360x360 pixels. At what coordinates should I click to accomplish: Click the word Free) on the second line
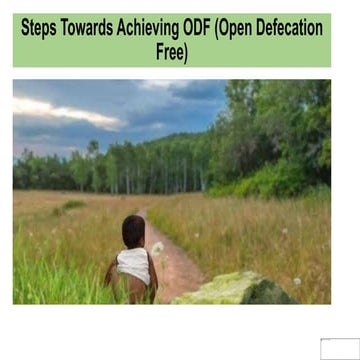tap(171, 53)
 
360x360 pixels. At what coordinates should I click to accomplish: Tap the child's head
tap(133, 231)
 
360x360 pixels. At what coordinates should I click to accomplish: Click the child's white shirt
tap(133, 265)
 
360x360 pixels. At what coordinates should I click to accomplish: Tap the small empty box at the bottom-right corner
tap(337, 348)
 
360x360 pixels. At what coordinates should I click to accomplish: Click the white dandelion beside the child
tap(157, 247)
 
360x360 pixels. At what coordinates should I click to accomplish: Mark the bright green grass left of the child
tap(60, 270)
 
